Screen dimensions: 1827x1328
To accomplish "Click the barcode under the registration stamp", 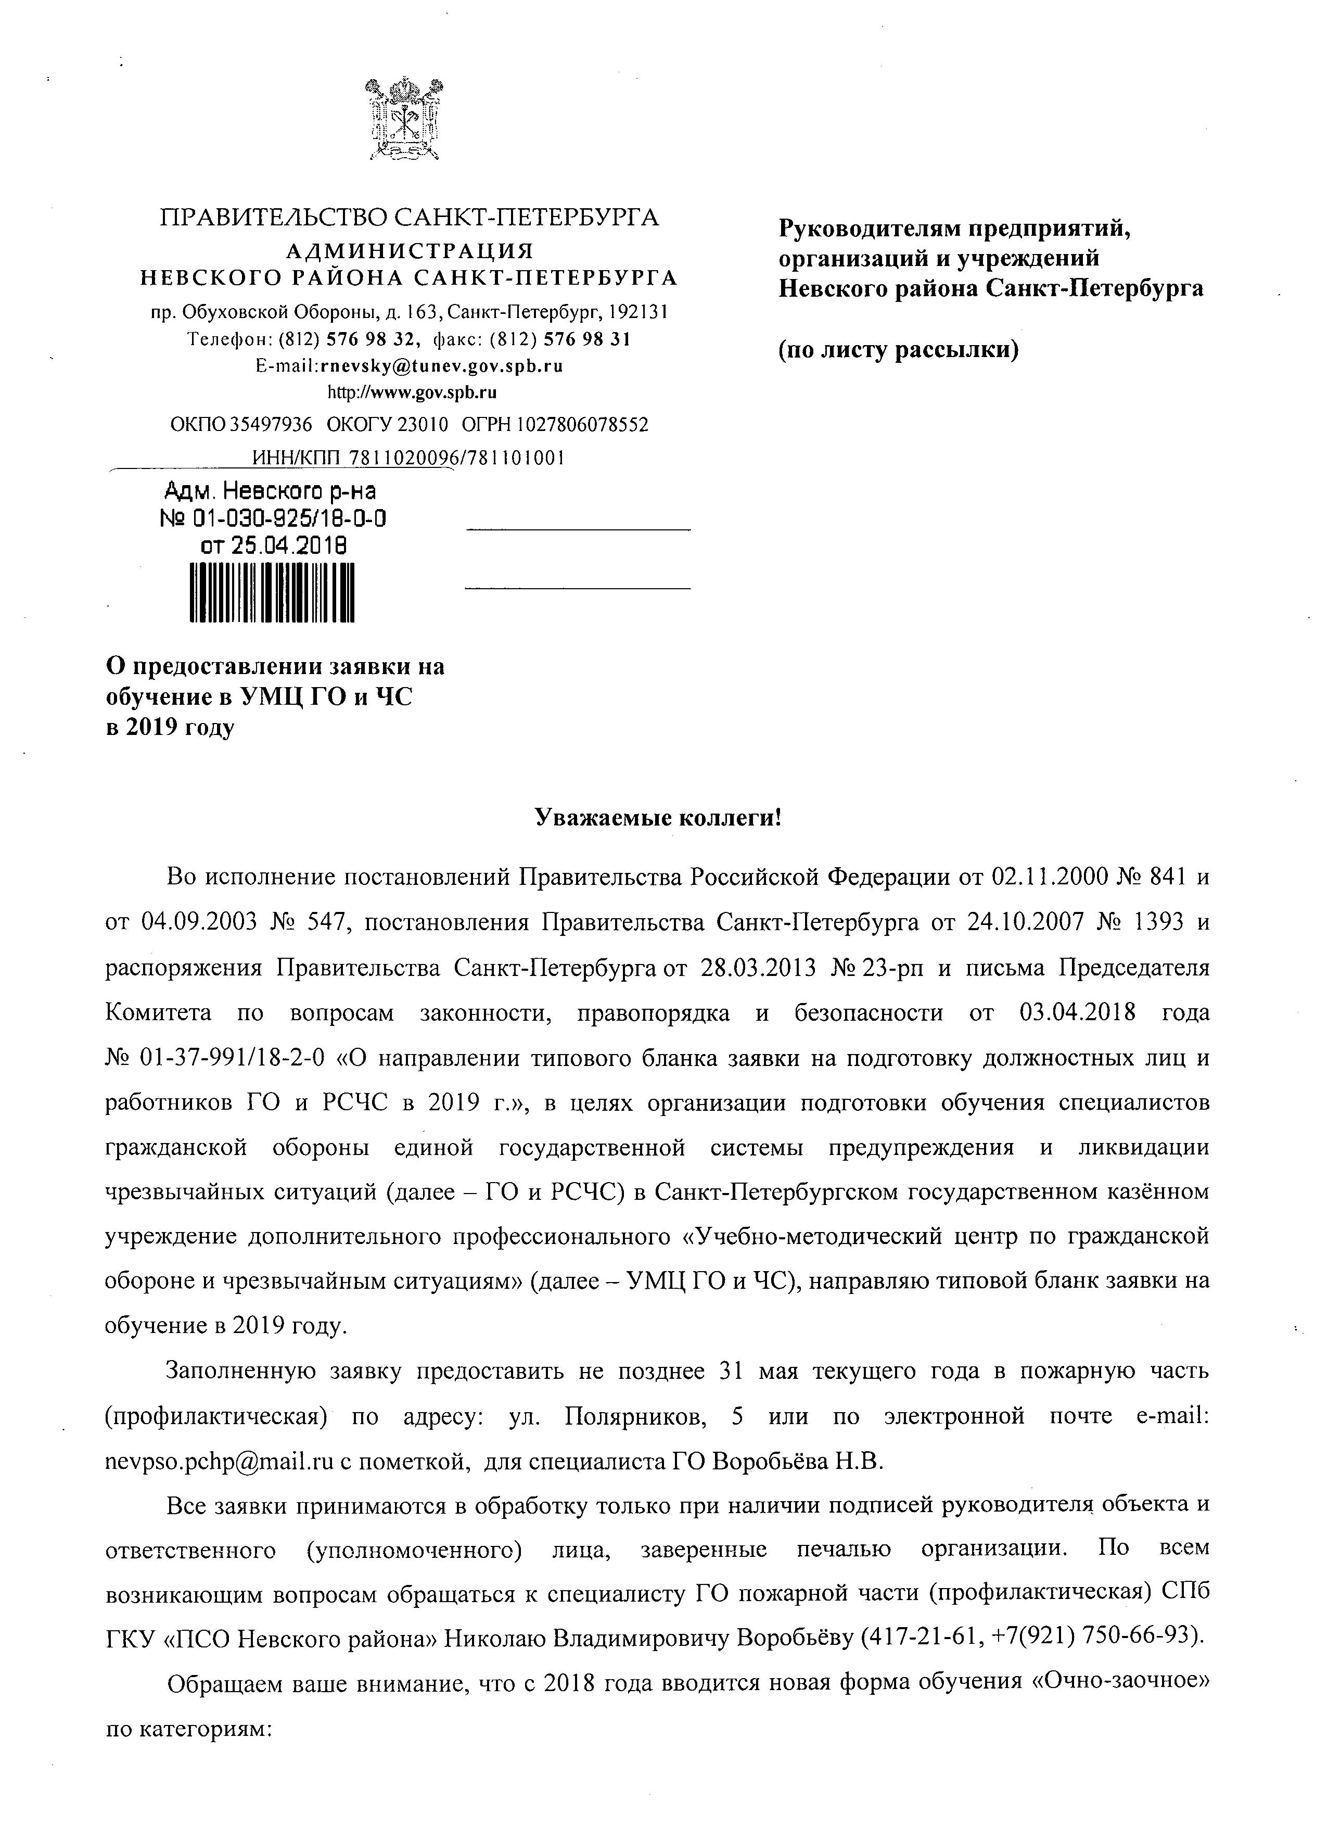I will click(272, 592).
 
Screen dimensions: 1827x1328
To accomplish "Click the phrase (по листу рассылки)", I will click(899, 350).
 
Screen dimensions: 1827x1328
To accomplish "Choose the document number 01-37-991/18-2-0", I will click(232, 1058).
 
